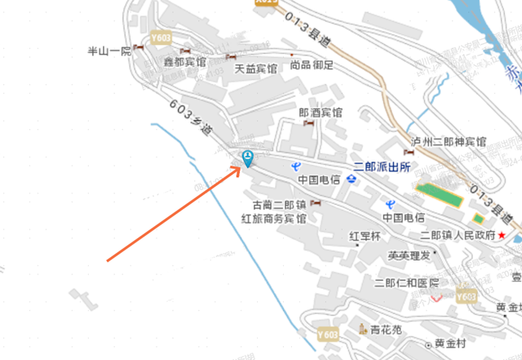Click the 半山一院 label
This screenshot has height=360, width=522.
pyautogui.click(x=108, y=51)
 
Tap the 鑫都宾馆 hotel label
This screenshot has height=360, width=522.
pyautogui.click(x=184, y=62)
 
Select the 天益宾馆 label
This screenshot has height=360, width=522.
pyautogui.click(x=257, y=69)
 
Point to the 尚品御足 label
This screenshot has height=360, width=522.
pyautogui.click(x=312, y=65)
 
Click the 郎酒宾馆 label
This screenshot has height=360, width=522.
pyautogui.click(x=321, y=113)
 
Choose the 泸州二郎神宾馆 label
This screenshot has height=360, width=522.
pyautogui.click(x=449, y=141)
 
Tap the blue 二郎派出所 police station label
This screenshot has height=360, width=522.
pyautogui.click(x=383, y=166)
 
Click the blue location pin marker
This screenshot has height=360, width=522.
pyautogui.click(x=247, y=158)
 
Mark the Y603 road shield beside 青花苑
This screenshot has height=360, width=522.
pyautogui.click(x=327, y=334)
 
